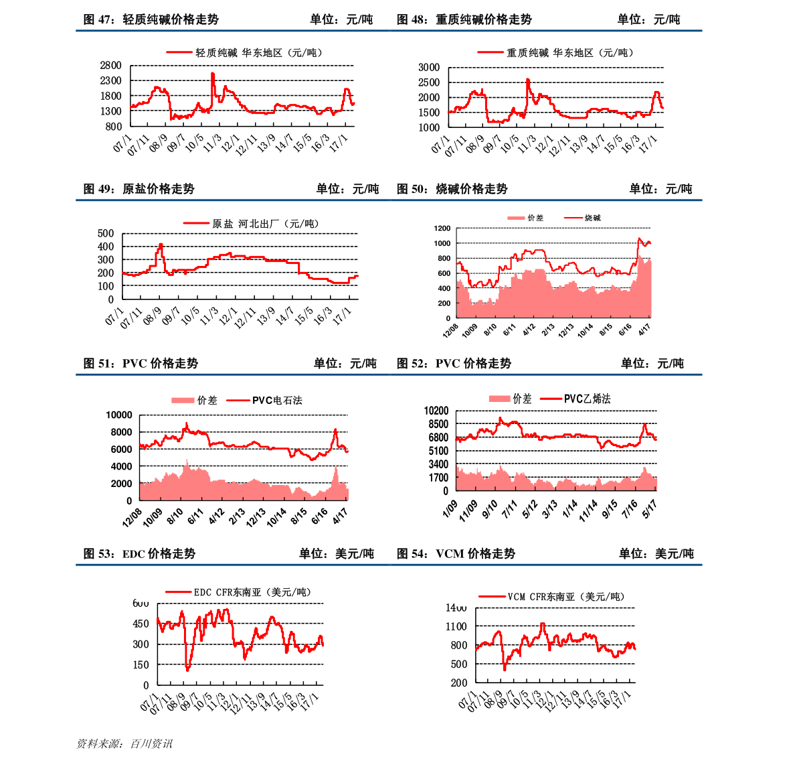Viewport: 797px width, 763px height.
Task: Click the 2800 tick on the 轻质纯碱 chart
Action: click(110, 66)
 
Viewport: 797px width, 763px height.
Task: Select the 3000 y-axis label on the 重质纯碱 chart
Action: click(429, 68)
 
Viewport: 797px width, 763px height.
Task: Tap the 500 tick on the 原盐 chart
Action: click(106, 234)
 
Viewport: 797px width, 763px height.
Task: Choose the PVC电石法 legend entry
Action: click(277, 401)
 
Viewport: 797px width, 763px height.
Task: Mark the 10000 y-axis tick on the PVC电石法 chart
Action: click(119, 415)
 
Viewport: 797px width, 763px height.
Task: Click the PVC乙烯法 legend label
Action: click(587, 399)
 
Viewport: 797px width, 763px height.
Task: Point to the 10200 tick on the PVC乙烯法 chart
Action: click(436, 411)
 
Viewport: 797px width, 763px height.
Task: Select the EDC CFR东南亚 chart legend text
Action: click(252, 592)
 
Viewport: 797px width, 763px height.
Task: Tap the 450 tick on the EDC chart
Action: click(141, 624)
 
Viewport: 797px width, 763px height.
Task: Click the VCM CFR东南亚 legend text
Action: click(565, 597)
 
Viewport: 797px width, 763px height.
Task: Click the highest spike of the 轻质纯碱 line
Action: click(213, 74)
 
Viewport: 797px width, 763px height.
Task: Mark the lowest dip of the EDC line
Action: click(187, 669)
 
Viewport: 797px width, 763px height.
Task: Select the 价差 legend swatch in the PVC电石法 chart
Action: click(182, 401)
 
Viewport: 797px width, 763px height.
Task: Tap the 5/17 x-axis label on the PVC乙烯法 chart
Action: click(650, 508)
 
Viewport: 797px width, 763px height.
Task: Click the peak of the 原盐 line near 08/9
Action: click(161, 245)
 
